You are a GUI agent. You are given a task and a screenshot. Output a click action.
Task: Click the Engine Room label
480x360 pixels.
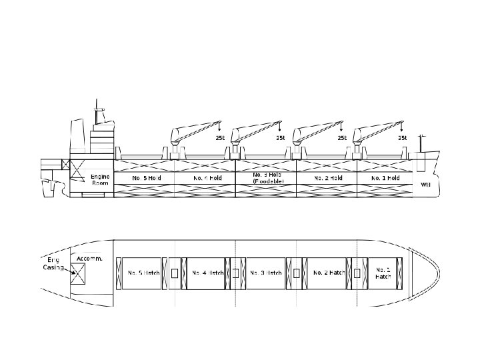(x=99, y=181)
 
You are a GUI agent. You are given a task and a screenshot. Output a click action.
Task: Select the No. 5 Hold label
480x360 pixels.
(x=147, y=179)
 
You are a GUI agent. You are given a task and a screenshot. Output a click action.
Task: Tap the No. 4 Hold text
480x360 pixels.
(x=207, y=179)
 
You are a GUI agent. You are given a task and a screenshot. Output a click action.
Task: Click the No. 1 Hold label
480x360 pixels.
(x=385, y=179)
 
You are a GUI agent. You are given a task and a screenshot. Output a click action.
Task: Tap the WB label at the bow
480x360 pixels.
(x=425, y=185)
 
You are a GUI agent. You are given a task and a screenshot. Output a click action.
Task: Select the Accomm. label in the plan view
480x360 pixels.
(x=90, y=258)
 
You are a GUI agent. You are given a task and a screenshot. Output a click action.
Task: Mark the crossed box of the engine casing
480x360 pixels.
(x=79, y=272)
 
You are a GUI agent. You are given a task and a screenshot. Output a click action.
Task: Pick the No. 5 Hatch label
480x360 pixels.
(x=143, y=273)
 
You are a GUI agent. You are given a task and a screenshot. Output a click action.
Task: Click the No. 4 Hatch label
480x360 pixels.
(x=207, y=273)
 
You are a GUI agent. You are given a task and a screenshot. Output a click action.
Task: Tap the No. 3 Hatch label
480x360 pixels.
(x=265, y=273)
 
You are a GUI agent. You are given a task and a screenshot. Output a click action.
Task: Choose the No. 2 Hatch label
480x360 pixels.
(x=328, y=273)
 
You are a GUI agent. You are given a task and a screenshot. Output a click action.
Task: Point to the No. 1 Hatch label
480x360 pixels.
(x=383, y=273)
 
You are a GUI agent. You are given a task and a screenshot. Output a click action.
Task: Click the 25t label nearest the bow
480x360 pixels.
(x=402, y=138)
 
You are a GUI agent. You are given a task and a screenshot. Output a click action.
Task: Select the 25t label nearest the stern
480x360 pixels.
(x=219, y=138)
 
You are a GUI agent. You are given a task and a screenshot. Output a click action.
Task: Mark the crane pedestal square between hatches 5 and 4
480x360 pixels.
(x=175, y=273)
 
